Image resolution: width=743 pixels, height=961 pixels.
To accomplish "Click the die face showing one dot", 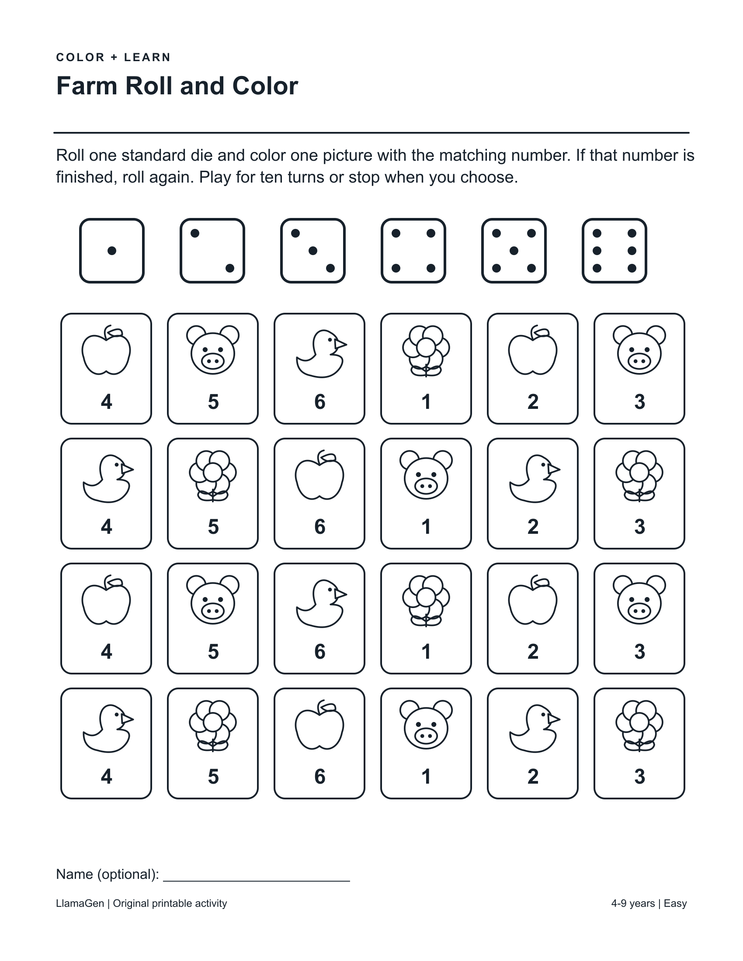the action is (112, 251).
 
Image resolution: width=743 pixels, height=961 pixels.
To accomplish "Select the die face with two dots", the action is (212, 251).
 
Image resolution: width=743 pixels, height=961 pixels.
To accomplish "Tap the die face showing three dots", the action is (313, 251).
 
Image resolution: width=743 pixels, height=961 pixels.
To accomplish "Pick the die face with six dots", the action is (615, 251).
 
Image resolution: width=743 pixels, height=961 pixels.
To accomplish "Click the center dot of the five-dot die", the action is (514, 251).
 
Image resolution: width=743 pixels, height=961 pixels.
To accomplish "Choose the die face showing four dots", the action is (413, 251).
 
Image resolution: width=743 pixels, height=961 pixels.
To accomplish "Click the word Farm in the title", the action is (87, 86).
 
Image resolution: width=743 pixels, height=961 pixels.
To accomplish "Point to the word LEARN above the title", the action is (147, 58).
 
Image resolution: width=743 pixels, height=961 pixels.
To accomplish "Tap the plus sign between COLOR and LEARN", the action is (115, 58).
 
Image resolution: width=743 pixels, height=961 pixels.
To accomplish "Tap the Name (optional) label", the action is (108, 875).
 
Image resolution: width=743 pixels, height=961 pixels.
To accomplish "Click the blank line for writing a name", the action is (257, 881).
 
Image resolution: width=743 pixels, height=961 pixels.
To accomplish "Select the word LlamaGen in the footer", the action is (80, 903).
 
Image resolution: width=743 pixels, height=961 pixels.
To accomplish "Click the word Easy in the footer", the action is (675, 904).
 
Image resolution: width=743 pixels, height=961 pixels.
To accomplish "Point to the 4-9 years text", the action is (633, 904).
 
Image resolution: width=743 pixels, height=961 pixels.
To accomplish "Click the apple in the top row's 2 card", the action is (533, 350).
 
